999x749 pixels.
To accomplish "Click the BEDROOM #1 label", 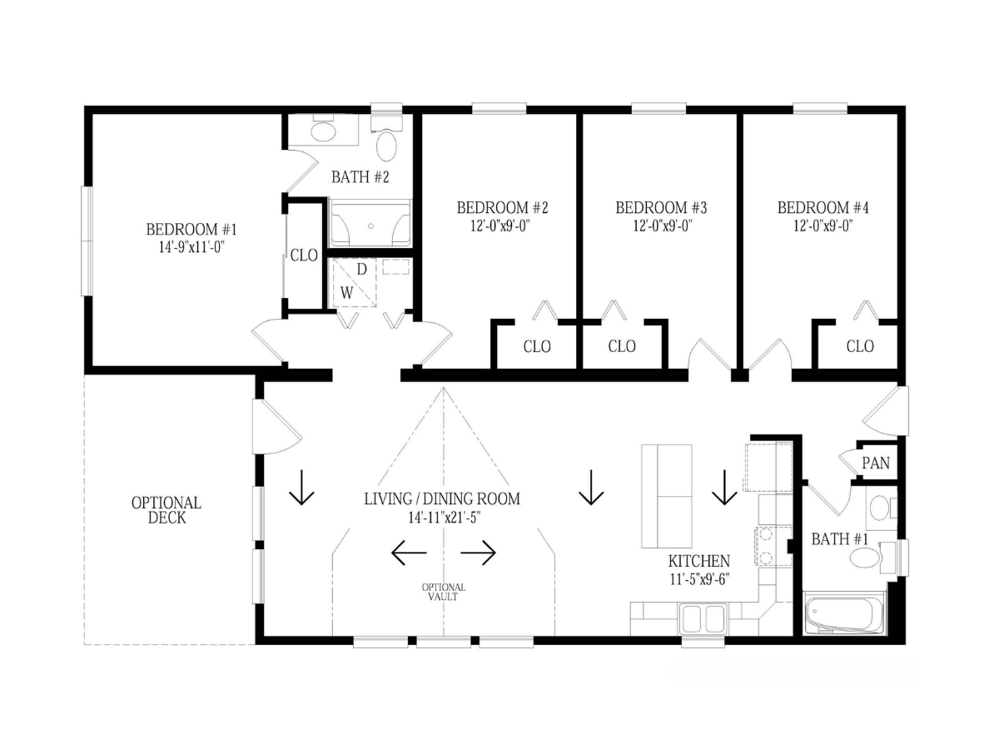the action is [x=191, y=229].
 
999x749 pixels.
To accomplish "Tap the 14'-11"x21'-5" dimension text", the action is [x=445, y=518].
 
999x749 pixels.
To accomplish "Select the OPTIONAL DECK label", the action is [x=166, y=510].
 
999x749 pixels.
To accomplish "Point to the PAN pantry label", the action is [x=876, y=463].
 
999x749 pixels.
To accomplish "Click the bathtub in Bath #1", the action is [x=844, y=614].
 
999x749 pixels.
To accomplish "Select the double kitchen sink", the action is [x=703, y=618].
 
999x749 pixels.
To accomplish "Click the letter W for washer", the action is [x=346, y=293].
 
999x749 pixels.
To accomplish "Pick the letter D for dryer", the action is [x=361, y=270].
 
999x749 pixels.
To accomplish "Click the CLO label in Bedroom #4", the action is [x=860, y=346].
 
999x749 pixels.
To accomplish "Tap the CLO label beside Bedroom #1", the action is [x=304, y=255].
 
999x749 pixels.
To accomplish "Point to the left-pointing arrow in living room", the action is [x=409, y=553].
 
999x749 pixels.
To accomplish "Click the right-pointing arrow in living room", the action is [x=479, y=553].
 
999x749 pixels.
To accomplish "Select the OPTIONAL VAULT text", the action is [x=443, y=592].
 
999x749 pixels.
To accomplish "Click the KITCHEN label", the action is [x=699, y=561].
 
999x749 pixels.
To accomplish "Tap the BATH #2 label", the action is [x=360, y=177].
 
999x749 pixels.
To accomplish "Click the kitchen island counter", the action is [x=666, y=496].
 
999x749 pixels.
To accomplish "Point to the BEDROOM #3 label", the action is [x=661, y=208].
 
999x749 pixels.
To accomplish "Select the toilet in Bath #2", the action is [x=386, y=139].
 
